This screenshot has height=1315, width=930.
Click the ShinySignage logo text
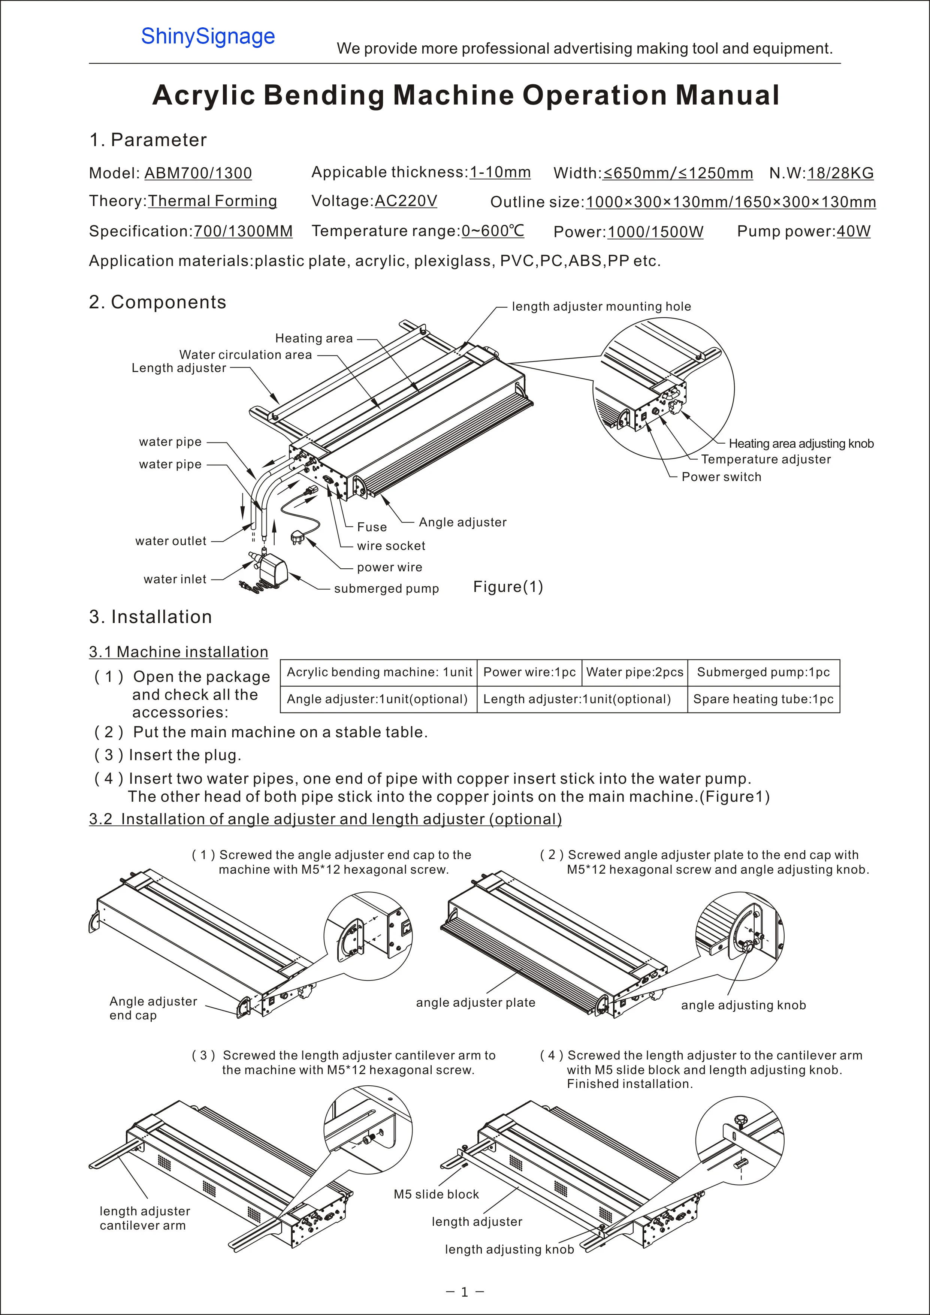point(208,37)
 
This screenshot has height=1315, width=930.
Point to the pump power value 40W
point(853,232)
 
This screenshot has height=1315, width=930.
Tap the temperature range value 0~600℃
point(492,231)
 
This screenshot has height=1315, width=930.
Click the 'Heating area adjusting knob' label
point(801,443)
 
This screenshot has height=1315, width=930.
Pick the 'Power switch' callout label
point(721,477)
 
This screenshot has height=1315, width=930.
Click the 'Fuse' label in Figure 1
point(372,527)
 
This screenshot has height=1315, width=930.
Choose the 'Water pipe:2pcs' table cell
point(634,672)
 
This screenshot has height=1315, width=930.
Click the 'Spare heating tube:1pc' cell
point(763,699)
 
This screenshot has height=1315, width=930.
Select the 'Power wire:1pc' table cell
point(529,672)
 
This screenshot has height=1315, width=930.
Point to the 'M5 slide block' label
point(436,1194)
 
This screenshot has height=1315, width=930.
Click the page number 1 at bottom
point(464,1291)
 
